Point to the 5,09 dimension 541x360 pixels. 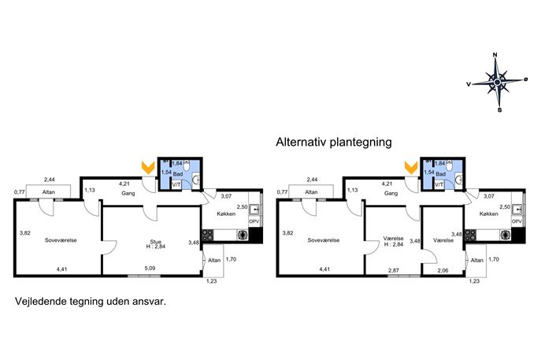pyautogui.click(x=150, y=268)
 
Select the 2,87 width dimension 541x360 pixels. pyautogui.click(x=393, y=270)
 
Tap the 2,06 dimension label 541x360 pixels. pyautogui.click(x=443, y=270)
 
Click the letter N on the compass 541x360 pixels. pyautogui.click(x=495, y=54)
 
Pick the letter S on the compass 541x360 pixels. pyautogui.click(x=499, y=110)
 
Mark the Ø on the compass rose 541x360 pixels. pyautogui.click(x=526, y=79)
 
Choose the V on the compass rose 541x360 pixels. pyautogui.click(x=469, y=84)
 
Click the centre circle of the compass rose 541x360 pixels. pyautogui.click(x=497, y=82)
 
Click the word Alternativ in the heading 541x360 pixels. pyautogui.click(x=301, y=142)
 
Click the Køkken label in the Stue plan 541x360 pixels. pyautogui.click(x=226, y=213)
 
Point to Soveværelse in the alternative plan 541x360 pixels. pyautogui.click(x=324, y=240)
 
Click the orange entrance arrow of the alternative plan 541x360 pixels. pyautogui.click(x=411, y=168)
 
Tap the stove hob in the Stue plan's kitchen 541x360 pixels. pyautogui.click(x=208, y=235)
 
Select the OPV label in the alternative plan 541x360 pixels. pyautogui.click(x=517, y=221)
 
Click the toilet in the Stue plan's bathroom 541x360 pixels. pyautogui.click(x=187, y=165)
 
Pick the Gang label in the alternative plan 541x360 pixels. pyautogui.click(x=391, y=193)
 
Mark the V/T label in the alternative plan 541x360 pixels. pyautogui.click(x=439, y=185)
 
